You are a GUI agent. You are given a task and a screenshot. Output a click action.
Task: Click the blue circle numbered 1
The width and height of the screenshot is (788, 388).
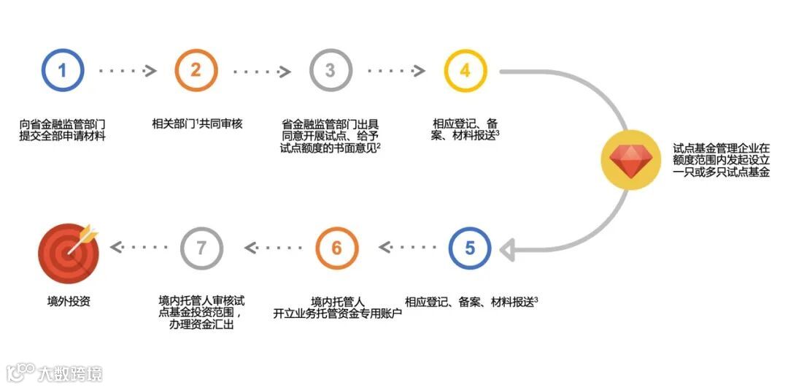[x=63, y=70]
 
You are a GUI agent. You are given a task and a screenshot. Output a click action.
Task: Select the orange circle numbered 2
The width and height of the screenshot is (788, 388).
[x=196, y=70]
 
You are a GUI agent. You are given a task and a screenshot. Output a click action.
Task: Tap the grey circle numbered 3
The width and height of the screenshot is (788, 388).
[x=331, y=70]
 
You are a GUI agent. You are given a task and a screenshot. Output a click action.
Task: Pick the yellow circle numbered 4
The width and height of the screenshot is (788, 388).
[x=466, y=70]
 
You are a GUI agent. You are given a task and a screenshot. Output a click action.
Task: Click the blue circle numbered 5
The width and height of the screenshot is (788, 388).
[x=470, y=248]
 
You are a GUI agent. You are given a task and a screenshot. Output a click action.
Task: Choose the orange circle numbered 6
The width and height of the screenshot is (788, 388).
[x=336, y=248]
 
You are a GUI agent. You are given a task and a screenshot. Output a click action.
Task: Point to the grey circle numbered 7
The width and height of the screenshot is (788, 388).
[x=201, y=248]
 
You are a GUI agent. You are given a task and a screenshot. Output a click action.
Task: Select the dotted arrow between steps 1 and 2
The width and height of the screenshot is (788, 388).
[x=128, y=71]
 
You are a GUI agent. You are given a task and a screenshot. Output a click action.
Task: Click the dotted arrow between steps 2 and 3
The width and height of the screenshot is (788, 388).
[x=263, y=71]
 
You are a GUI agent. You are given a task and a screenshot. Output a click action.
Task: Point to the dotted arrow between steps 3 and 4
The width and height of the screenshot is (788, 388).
[x=397, y=71]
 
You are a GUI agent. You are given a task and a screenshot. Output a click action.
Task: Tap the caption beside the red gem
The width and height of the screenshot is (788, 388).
[x=721, y=160]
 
